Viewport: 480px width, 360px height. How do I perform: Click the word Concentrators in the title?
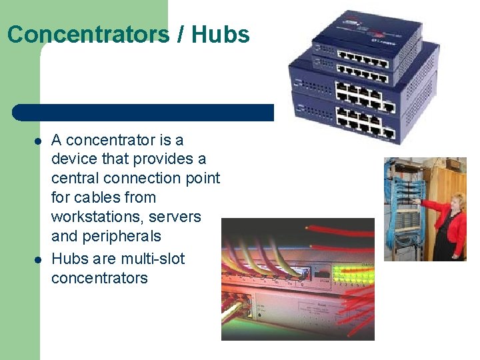click(x=88, y=34)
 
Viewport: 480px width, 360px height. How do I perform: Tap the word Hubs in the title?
click(x=220, y=34)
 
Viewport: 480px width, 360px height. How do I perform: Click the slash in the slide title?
click(x=181, y=34)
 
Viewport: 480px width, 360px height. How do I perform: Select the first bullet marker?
click(x=39, y=141)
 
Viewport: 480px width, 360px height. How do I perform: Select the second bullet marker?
click(x=39, y=259)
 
